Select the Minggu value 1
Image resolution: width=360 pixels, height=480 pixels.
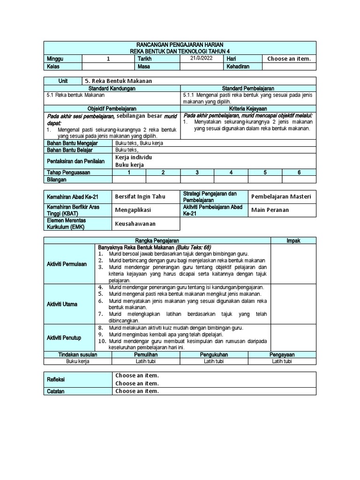click(108, 59)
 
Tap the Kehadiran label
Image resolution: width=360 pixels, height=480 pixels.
click(238, 66)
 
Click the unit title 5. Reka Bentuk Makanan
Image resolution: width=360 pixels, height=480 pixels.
click(119, 81)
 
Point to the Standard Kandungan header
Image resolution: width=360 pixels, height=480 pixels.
click(112, 88)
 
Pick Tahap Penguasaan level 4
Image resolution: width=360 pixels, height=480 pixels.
click(231, 172)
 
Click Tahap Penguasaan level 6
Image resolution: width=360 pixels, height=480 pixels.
click(299, 172)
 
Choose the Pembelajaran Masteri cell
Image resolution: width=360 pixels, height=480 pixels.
click(281, 196)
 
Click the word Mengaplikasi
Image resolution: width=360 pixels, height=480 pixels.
click(133, 210)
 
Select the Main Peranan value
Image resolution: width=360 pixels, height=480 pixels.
click(270, 210)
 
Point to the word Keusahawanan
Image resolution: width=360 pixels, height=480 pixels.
click(135, 224)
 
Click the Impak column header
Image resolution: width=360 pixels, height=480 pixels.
click(293, 240)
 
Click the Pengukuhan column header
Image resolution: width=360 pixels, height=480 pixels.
click(214, 355)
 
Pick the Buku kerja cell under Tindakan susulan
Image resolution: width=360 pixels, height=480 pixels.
click(78, 361)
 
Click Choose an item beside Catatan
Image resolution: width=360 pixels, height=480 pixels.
click(137, 391)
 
